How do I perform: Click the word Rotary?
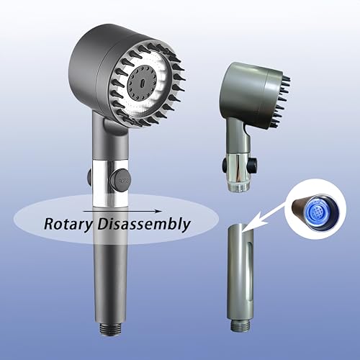pyautogui.click(x=68, y=225)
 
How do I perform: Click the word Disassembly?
pyautogui.click(x=144, y=224)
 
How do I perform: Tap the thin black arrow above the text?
pyautogui.click(x=122, y=211)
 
